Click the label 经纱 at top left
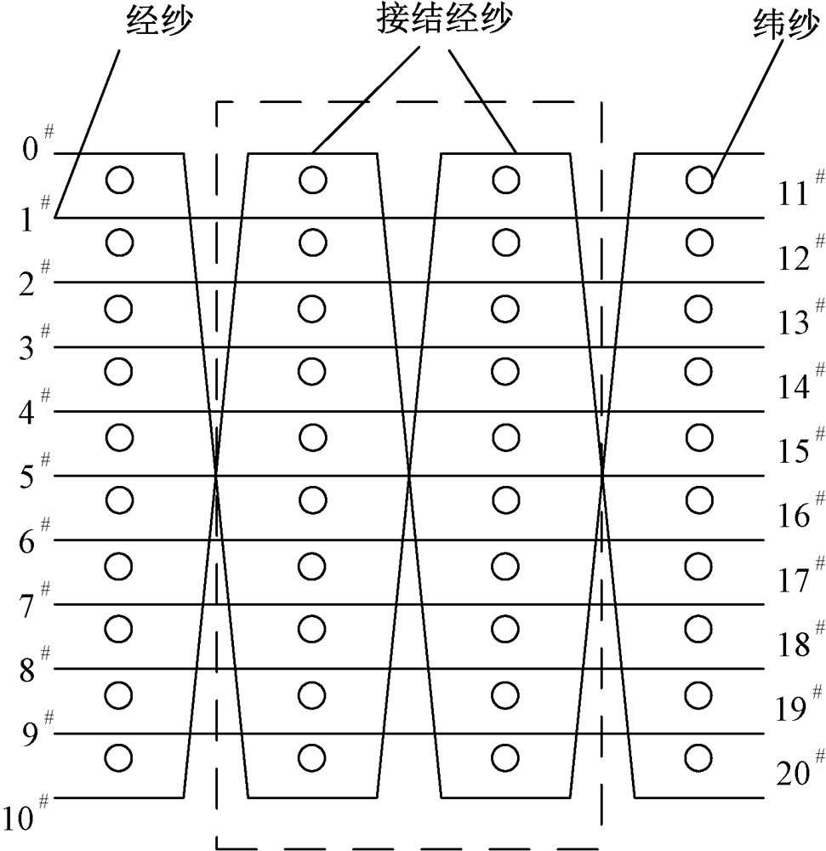point(157,19)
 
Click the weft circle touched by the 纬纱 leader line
point(698,180)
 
